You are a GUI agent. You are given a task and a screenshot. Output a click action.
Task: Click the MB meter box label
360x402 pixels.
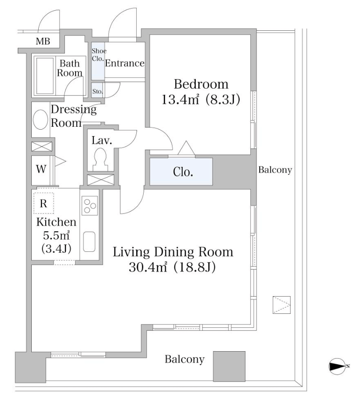coord(43,41)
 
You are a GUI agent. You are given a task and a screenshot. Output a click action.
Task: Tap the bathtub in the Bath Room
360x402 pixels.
coord(45,76)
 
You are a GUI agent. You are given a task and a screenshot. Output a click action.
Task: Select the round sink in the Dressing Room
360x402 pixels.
coord(41,119)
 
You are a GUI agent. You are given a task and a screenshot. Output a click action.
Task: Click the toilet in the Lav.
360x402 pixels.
coord(100,159)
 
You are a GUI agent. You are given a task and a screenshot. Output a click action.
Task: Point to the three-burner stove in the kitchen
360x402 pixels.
coord(90,205)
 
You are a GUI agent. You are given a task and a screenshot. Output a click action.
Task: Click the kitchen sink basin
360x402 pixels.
coord(89,242)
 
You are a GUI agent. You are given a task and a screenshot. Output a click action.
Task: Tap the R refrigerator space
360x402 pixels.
coord(43,203)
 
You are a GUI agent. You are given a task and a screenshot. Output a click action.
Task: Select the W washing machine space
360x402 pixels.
coord(42,169)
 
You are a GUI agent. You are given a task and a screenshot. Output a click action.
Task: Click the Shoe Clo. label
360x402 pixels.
coord(98,55)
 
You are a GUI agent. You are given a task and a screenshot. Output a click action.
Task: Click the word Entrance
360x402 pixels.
coord(125,63)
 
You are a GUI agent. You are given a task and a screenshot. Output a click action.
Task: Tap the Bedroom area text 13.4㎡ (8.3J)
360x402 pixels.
coord(201,99)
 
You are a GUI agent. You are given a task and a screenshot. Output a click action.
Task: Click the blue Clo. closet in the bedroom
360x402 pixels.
coord(181,172)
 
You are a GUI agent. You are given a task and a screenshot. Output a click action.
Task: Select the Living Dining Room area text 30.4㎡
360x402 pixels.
coord(148,267)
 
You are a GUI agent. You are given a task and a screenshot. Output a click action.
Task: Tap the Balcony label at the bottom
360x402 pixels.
coord(184,359)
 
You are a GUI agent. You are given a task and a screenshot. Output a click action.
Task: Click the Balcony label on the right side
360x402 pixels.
coord(275,170)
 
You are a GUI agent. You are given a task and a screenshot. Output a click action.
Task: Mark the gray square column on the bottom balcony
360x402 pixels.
coord(229,367)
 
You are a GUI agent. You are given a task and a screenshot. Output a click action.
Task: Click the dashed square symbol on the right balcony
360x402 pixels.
coord(282,305)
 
